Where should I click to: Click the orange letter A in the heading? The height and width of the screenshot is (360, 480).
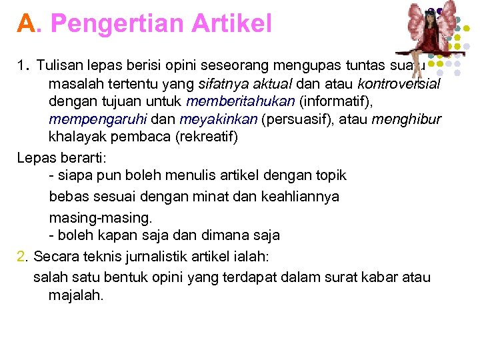26,25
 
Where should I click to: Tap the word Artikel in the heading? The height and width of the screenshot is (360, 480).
231,25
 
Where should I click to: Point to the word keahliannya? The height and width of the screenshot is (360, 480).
296,197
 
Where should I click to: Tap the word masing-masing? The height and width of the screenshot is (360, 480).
101,217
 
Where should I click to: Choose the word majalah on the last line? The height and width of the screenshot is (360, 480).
76,295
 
